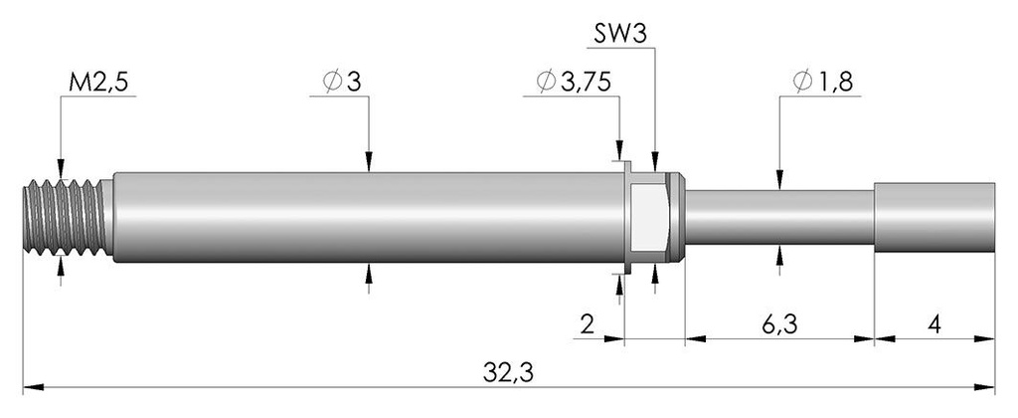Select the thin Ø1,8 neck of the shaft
click(x=780, y=216)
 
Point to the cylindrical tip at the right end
click(x=934, y=216)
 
